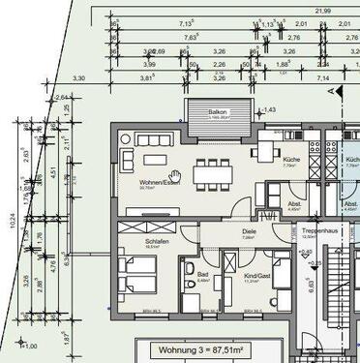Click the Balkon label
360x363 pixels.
click(x=216, y=112)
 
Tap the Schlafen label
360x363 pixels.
click(x=131, y=241)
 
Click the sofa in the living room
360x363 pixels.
click(x=126, y=155)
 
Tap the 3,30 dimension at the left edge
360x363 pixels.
click(x=79, y=77)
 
